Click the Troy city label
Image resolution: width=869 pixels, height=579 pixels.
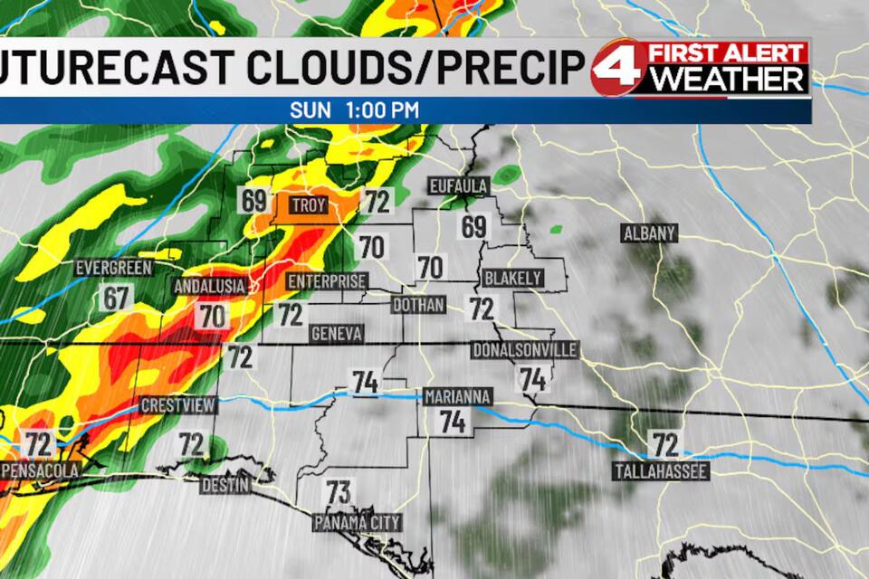(x=308, y=205)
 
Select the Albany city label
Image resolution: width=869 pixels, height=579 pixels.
(x=649, y=233)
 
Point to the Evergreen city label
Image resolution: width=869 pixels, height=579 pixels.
(x=113, y=268)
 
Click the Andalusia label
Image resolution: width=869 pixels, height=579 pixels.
(x=209, y=287)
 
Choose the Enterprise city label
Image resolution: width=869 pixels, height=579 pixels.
(x=327, y=282)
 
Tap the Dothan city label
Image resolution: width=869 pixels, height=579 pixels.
(x=418, y=305)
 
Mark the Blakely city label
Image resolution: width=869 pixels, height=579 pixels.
(x=512, y=277)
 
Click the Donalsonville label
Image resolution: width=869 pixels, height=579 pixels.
(x=524, y=349)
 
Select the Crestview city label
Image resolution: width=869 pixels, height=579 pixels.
(x=177, y=404)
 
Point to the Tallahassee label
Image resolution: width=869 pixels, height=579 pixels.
(x=660, y=471)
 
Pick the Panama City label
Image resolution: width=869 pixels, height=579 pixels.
(x=357, y=523)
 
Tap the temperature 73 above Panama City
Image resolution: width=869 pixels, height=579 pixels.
(x=338, y=493)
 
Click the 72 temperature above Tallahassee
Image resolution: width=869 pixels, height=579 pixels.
(x=665, y=444)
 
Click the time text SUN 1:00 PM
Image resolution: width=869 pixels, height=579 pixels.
(x=354, y=109)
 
